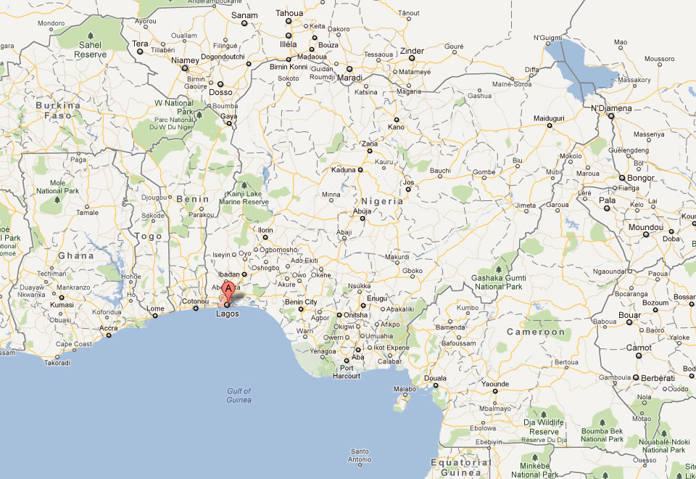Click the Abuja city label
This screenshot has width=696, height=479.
(x=362, y=210)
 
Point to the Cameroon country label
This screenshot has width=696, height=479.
(x=535, y=332)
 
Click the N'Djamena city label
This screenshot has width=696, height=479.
(x=611, y=108)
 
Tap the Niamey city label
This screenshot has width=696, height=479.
(x=185, y=60)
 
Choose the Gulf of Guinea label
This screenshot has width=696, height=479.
(x=238, y=396)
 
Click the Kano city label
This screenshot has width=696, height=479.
(x=396, y=127)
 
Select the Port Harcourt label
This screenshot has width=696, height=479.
(x=347, y=372)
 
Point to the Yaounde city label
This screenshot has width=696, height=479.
(x=496, y=383)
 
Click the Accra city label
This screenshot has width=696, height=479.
(x=109, y=328)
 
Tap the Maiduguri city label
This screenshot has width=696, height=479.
(x=549, y=118)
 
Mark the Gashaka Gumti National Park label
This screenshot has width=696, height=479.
(x=499, y=282)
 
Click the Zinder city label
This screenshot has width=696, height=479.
(x=412, y=51)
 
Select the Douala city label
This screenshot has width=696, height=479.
(x=435, y=378)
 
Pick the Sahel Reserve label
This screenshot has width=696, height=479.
(x=92, y=49)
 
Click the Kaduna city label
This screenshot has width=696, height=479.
(x=343, y=170)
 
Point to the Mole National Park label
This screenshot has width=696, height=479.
(x=57, y=187)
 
